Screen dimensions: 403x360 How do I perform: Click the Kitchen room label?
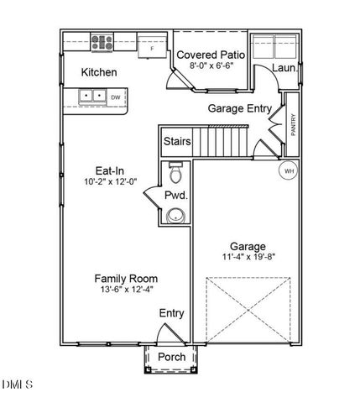pos(98,73)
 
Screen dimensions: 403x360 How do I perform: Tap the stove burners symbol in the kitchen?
pos(102,43)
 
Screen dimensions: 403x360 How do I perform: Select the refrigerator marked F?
pos(151,48)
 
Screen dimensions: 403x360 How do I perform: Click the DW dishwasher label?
pos(115,97)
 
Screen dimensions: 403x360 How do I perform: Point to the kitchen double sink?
pos(91,97)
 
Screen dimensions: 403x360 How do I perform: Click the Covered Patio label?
pos(210,55)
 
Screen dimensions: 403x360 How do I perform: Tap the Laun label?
pos(282,69)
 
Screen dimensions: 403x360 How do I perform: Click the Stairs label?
pos(176,141)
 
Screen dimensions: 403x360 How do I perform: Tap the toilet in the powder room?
pos(175,174)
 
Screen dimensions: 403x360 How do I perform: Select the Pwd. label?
pos(175,195)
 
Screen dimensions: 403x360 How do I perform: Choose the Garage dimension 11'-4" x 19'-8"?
pos(249,257)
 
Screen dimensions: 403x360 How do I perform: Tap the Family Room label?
pos(126,279)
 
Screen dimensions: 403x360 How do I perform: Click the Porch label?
pos(171,358)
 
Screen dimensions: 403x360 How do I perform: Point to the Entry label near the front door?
pos(171,313)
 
